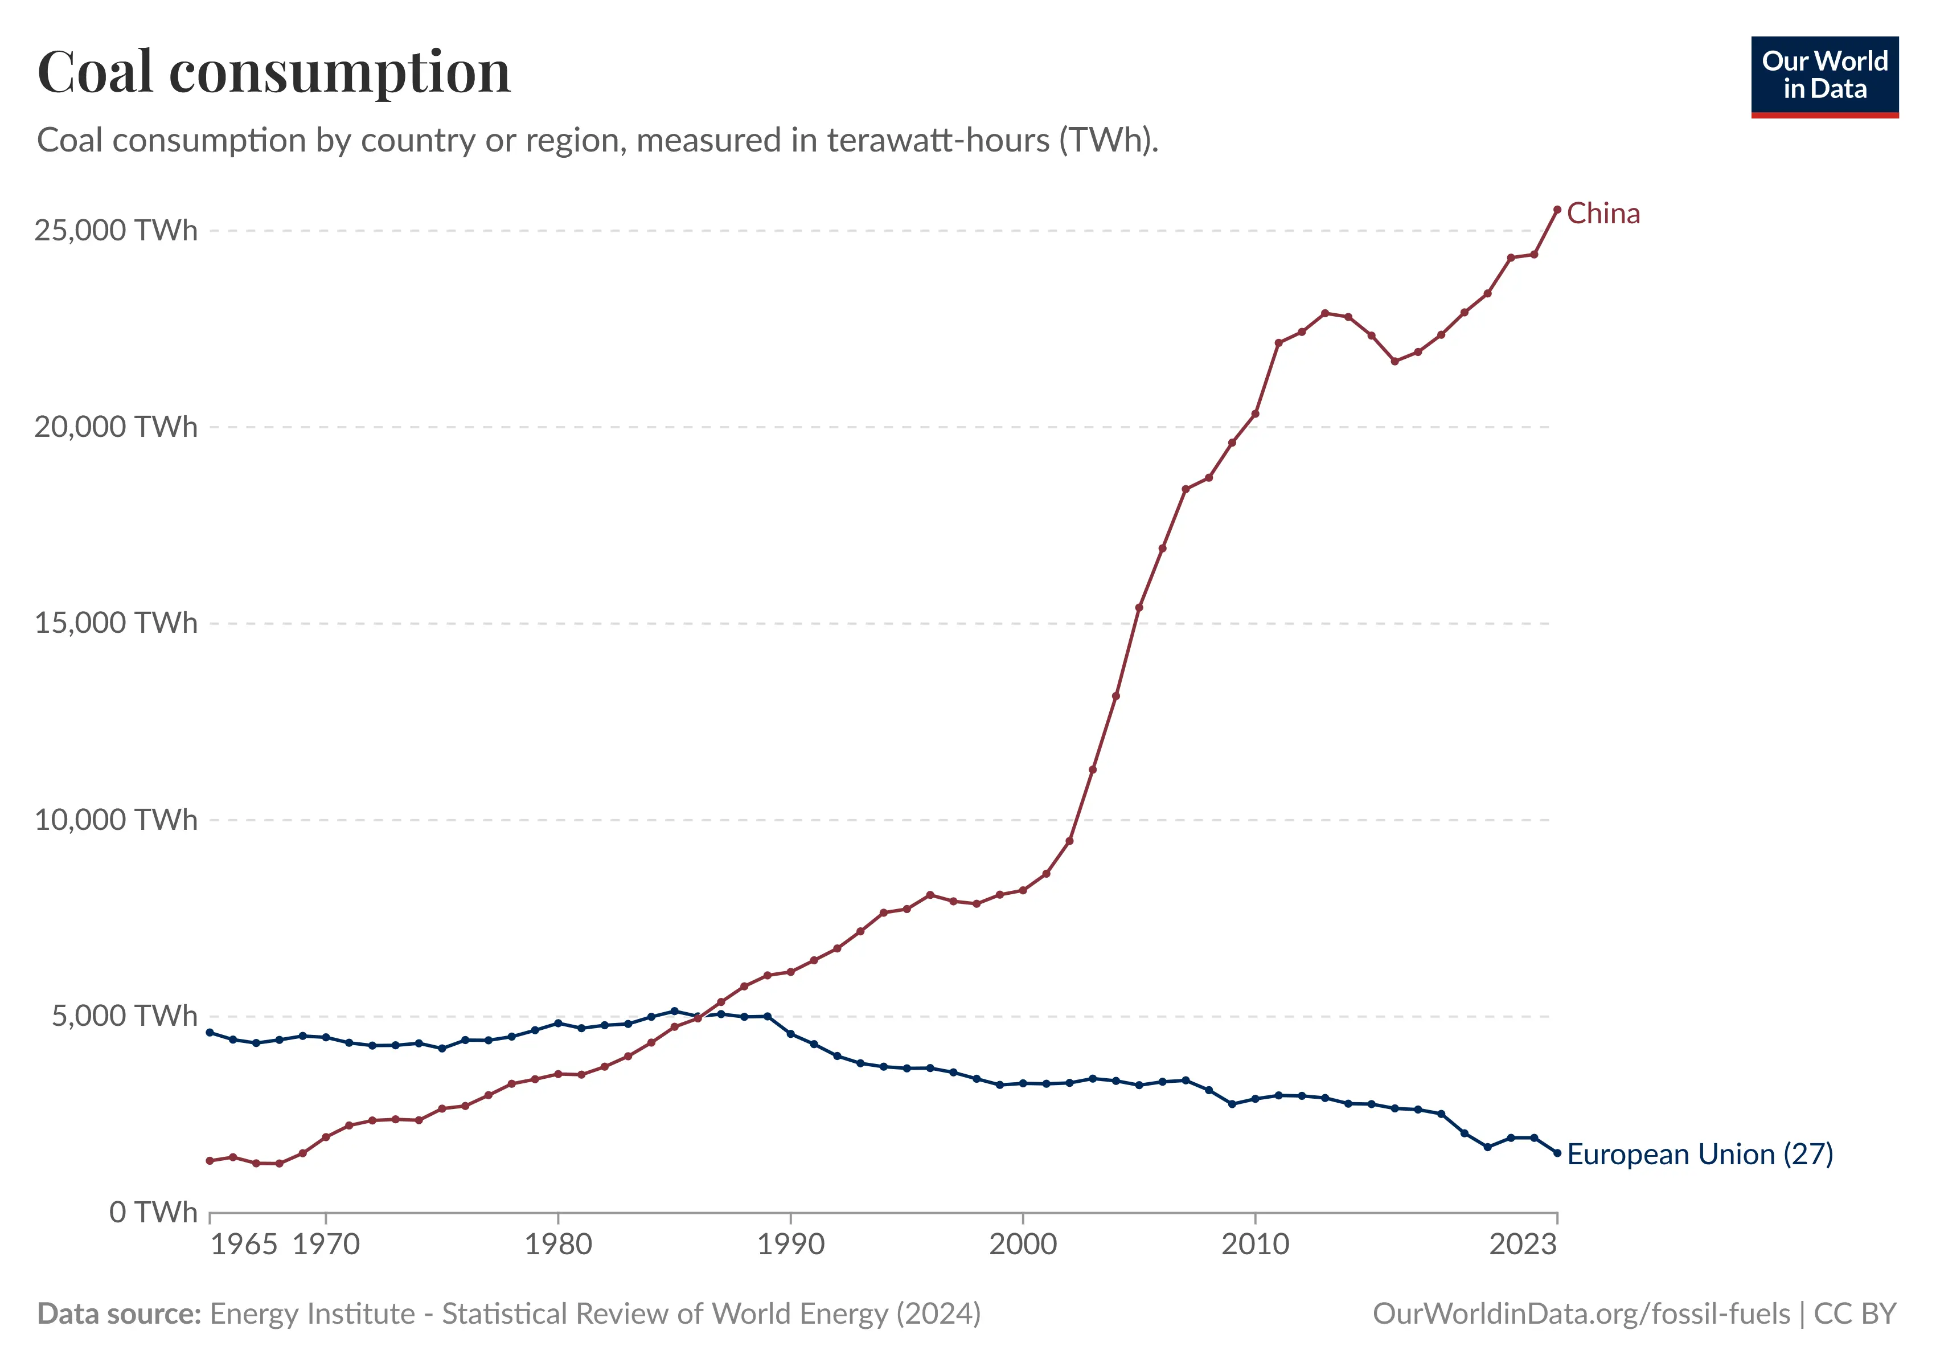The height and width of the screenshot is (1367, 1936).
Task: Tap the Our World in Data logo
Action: click(1825, 77)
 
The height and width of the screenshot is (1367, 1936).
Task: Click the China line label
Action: click(1603, 214)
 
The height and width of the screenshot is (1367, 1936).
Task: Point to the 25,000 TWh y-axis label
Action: click(116, 230)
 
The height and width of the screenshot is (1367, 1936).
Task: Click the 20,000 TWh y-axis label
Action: click(116, 427)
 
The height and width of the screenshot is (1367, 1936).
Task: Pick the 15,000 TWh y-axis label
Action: click(116, 623)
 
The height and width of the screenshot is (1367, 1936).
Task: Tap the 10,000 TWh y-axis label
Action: click(116, 820)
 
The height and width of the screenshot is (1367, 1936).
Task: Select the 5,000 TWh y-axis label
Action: click(124, 1016)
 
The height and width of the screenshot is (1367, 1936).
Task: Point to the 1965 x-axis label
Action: click(244, 1245)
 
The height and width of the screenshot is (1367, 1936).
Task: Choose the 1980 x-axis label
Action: click(558, 1245)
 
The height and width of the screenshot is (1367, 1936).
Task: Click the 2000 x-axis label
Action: click(1023, 1245)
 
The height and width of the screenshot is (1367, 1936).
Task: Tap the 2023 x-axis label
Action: click(1523, 1245)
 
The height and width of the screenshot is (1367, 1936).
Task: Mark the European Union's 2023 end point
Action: click(1557, 1153)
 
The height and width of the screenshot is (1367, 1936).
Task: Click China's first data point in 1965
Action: click(210, 1161)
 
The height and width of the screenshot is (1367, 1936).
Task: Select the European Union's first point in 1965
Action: click(210, 1032)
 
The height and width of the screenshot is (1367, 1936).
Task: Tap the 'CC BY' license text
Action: click(1855, 1315)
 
